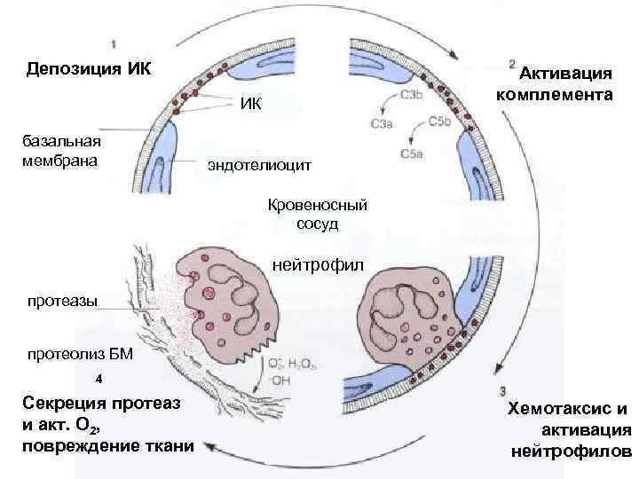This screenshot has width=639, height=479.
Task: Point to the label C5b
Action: coord(439,123)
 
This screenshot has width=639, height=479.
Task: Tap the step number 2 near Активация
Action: coord(512,64)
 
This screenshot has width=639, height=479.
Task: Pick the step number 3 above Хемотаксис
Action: coord(503,390)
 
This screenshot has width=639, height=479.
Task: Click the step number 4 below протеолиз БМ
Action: coord(99,378)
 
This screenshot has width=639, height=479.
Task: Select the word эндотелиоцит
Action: coord(258,164)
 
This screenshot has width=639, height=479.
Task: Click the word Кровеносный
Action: coord(317,205)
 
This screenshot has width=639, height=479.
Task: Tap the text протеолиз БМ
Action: coord(80,356)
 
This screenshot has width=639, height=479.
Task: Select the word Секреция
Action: coord(64,404)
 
